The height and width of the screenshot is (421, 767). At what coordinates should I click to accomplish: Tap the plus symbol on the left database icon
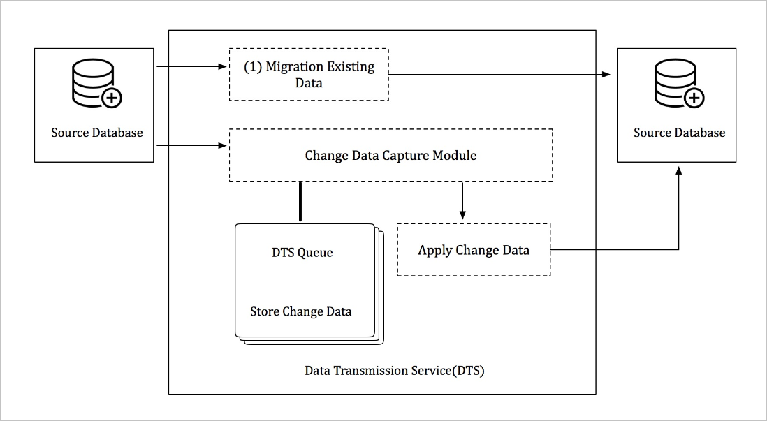111,98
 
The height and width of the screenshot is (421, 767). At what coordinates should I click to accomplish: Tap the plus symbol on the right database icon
694,98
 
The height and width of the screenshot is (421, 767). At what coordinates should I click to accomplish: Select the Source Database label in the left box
96,133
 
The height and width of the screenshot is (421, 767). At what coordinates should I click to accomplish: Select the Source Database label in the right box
679,133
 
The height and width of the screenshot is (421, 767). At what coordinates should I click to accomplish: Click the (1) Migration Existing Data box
309,75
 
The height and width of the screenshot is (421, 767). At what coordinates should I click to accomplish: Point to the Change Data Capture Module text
390,155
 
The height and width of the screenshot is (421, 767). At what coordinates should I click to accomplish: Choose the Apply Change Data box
474,250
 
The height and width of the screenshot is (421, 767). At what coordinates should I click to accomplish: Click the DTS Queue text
302,253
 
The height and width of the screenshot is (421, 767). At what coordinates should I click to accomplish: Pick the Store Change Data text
300,311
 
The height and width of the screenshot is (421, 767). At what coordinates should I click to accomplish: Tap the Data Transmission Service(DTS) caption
394,371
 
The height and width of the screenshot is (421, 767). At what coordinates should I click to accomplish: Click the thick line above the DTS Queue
300,202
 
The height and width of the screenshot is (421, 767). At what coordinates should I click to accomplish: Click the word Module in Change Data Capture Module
453,155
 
